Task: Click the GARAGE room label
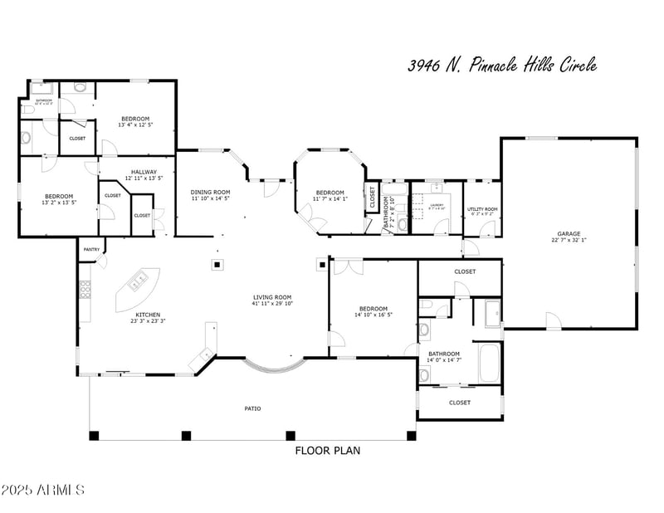(x=569, y=234)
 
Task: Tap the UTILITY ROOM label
(x=482, y=209)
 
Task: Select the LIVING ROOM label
(x=272, y=297)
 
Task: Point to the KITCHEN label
(x=148, y=315)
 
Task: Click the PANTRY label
(x=90, y=249)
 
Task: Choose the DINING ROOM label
(x=210, y=192)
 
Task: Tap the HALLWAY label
(x=144, y=172)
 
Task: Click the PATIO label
(x=253, y=408)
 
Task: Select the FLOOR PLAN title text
(x=328, y=451)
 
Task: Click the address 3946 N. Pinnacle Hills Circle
(x=502, y=66)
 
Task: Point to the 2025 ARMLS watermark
(x=43, y=490)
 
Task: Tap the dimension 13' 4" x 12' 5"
(x=134, y=125)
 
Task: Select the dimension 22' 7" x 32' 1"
(x=569, y=241)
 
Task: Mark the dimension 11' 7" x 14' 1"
(x=330, y=199)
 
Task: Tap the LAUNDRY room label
(x=436, y=205)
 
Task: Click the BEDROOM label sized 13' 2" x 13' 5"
(x=59, y=196)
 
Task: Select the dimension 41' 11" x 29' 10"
(x=272, y=304)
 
